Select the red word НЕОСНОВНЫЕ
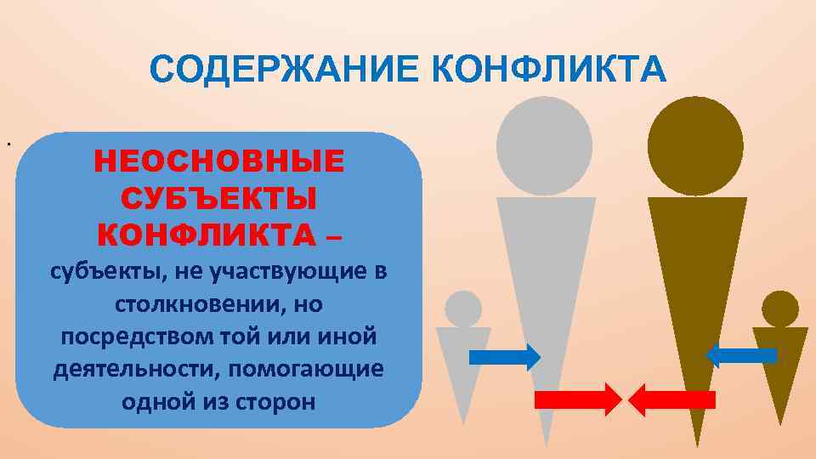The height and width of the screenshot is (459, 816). click(x=219, y=161)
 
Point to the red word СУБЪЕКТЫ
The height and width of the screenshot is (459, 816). click(x=219, y=197)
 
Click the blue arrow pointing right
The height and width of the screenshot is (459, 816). click(x=505, y=357)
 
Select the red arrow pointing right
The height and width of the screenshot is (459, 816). click(x=578, y=399)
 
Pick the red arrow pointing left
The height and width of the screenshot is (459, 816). click(x=671, y=399)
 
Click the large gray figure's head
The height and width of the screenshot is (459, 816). click(x=544, y=144)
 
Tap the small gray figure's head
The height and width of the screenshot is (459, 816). click(x=463, y=309)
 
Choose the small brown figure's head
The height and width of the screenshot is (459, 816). click(x=779, y=309)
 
